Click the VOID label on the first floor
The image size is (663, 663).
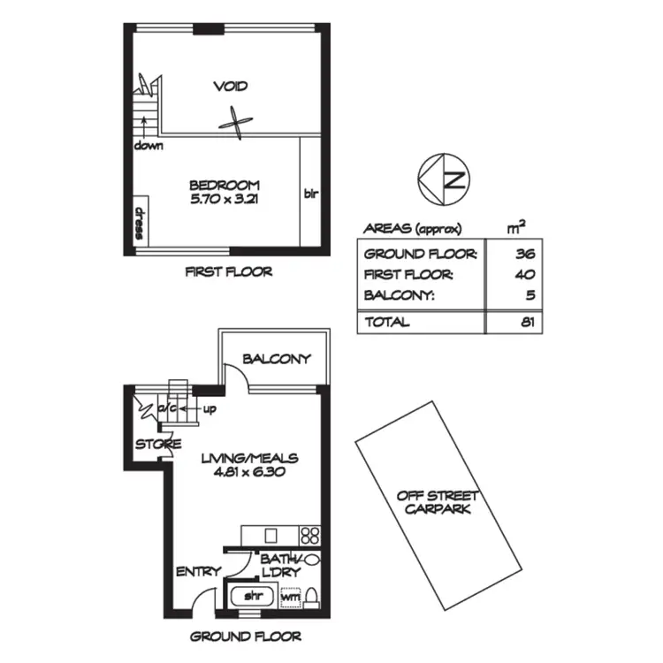pos(230,87)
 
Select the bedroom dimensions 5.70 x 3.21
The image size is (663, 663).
pos(225,200)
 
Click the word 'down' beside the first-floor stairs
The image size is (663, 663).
pos(149,145)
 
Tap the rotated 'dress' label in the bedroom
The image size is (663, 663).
pos(139,221)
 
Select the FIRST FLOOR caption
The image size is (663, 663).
pos(228,272)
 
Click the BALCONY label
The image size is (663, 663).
pos(277,359)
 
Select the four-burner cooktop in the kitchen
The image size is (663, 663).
pos(310,535)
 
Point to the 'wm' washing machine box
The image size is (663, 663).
pos(289,598)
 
